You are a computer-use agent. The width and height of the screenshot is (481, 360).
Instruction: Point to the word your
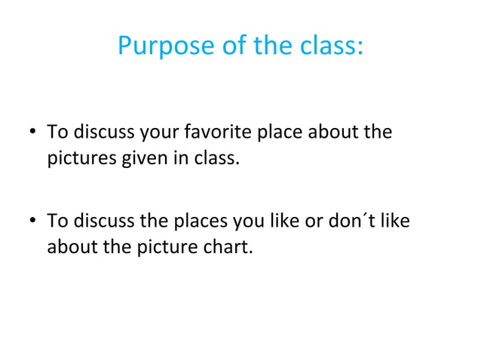[x=158, y=133]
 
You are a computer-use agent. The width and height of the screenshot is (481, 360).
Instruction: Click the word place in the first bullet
[x=281, y=133]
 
